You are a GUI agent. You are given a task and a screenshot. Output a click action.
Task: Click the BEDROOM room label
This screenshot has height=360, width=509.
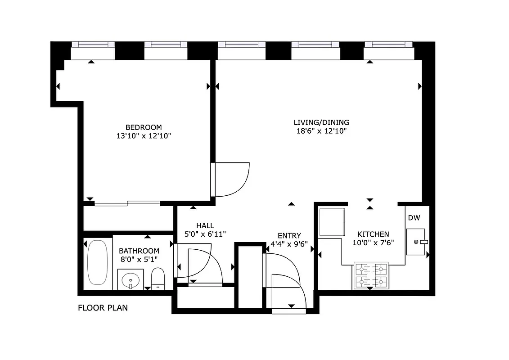coord(143,127)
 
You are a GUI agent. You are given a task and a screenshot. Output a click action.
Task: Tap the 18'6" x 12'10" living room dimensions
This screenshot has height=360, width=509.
coord(321,131)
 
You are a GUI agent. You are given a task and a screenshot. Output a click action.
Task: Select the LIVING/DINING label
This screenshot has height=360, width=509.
coord(321,122)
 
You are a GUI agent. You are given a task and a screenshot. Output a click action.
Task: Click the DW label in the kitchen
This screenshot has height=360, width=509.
coord(414,218)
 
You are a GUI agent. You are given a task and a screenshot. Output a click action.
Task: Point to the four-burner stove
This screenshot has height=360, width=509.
coord(371,275)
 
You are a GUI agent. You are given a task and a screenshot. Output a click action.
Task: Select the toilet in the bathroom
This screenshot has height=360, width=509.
coord(158,279)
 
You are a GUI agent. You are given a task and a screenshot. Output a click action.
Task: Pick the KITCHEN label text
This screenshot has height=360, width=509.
coord(373,234)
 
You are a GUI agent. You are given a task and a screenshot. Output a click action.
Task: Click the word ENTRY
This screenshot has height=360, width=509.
coord(289,236)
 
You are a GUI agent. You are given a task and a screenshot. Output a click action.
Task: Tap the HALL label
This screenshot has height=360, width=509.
coord(205,225)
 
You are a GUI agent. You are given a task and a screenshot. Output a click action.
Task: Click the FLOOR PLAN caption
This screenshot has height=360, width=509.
coord(103,308)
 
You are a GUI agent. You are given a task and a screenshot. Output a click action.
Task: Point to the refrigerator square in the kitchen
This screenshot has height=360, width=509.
coord(332,222)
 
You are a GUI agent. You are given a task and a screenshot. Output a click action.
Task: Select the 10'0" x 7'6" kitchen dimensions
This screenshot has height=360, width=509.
coord(373,243)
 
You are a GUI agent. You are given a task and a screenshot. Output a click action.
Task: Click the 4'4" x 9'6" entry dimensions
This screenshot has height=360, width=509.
coord(289,244)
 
